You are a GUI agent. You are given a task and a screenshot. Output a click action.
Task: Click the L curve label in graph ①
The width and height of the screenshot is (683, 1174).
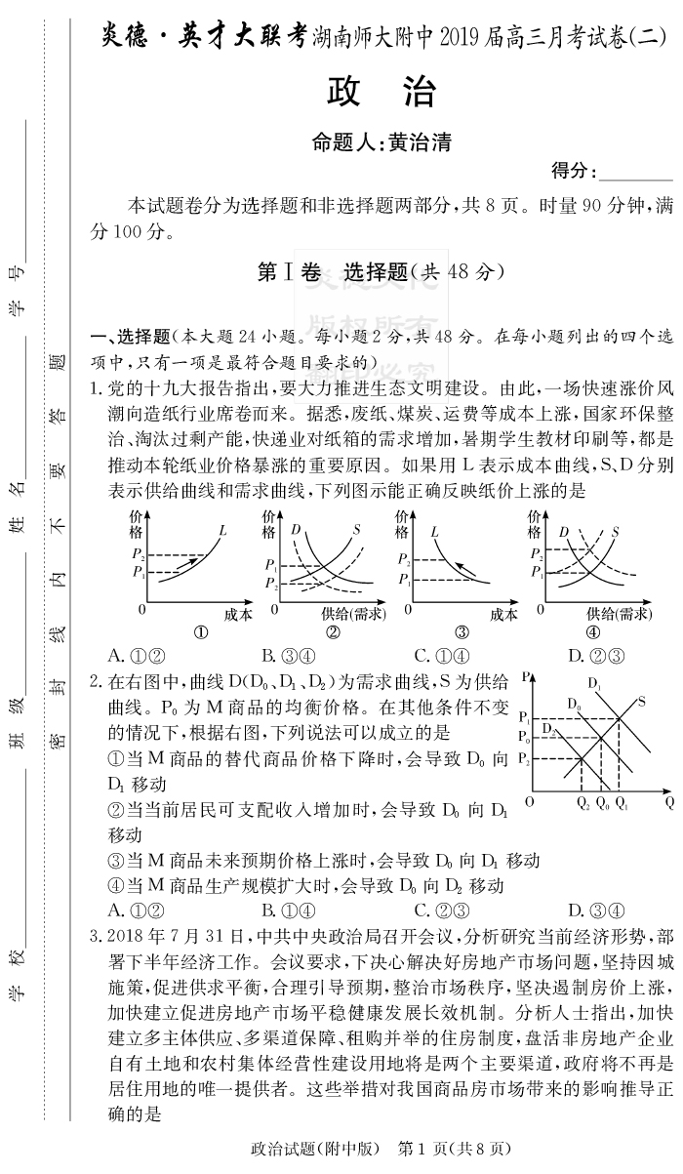[223, 531]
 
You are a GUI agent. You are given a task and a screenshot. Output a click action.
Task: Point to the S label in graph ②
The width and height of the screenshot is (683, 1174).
[357, 529]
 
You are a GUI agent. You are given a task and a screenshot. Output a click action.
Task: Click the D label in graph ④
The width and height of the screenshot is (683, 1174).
[563, 531]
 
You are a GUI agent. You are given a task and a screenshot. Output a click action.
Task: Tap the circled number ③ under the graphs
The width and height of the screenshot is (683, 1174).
[461, 631]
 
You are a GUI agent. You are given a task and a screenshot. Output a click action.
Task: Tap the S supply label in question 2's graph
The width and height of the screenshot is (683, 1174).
[642, 700]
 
